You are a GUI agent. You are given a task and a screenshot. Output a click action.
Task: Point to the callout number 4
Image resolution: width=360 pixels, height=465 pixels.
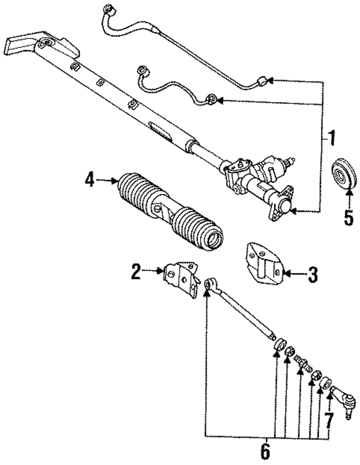[89, 180]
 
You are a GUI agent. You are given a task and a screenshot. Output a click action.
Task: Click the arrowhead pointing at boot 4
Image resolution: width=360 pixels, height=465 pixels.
[114, 180]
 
